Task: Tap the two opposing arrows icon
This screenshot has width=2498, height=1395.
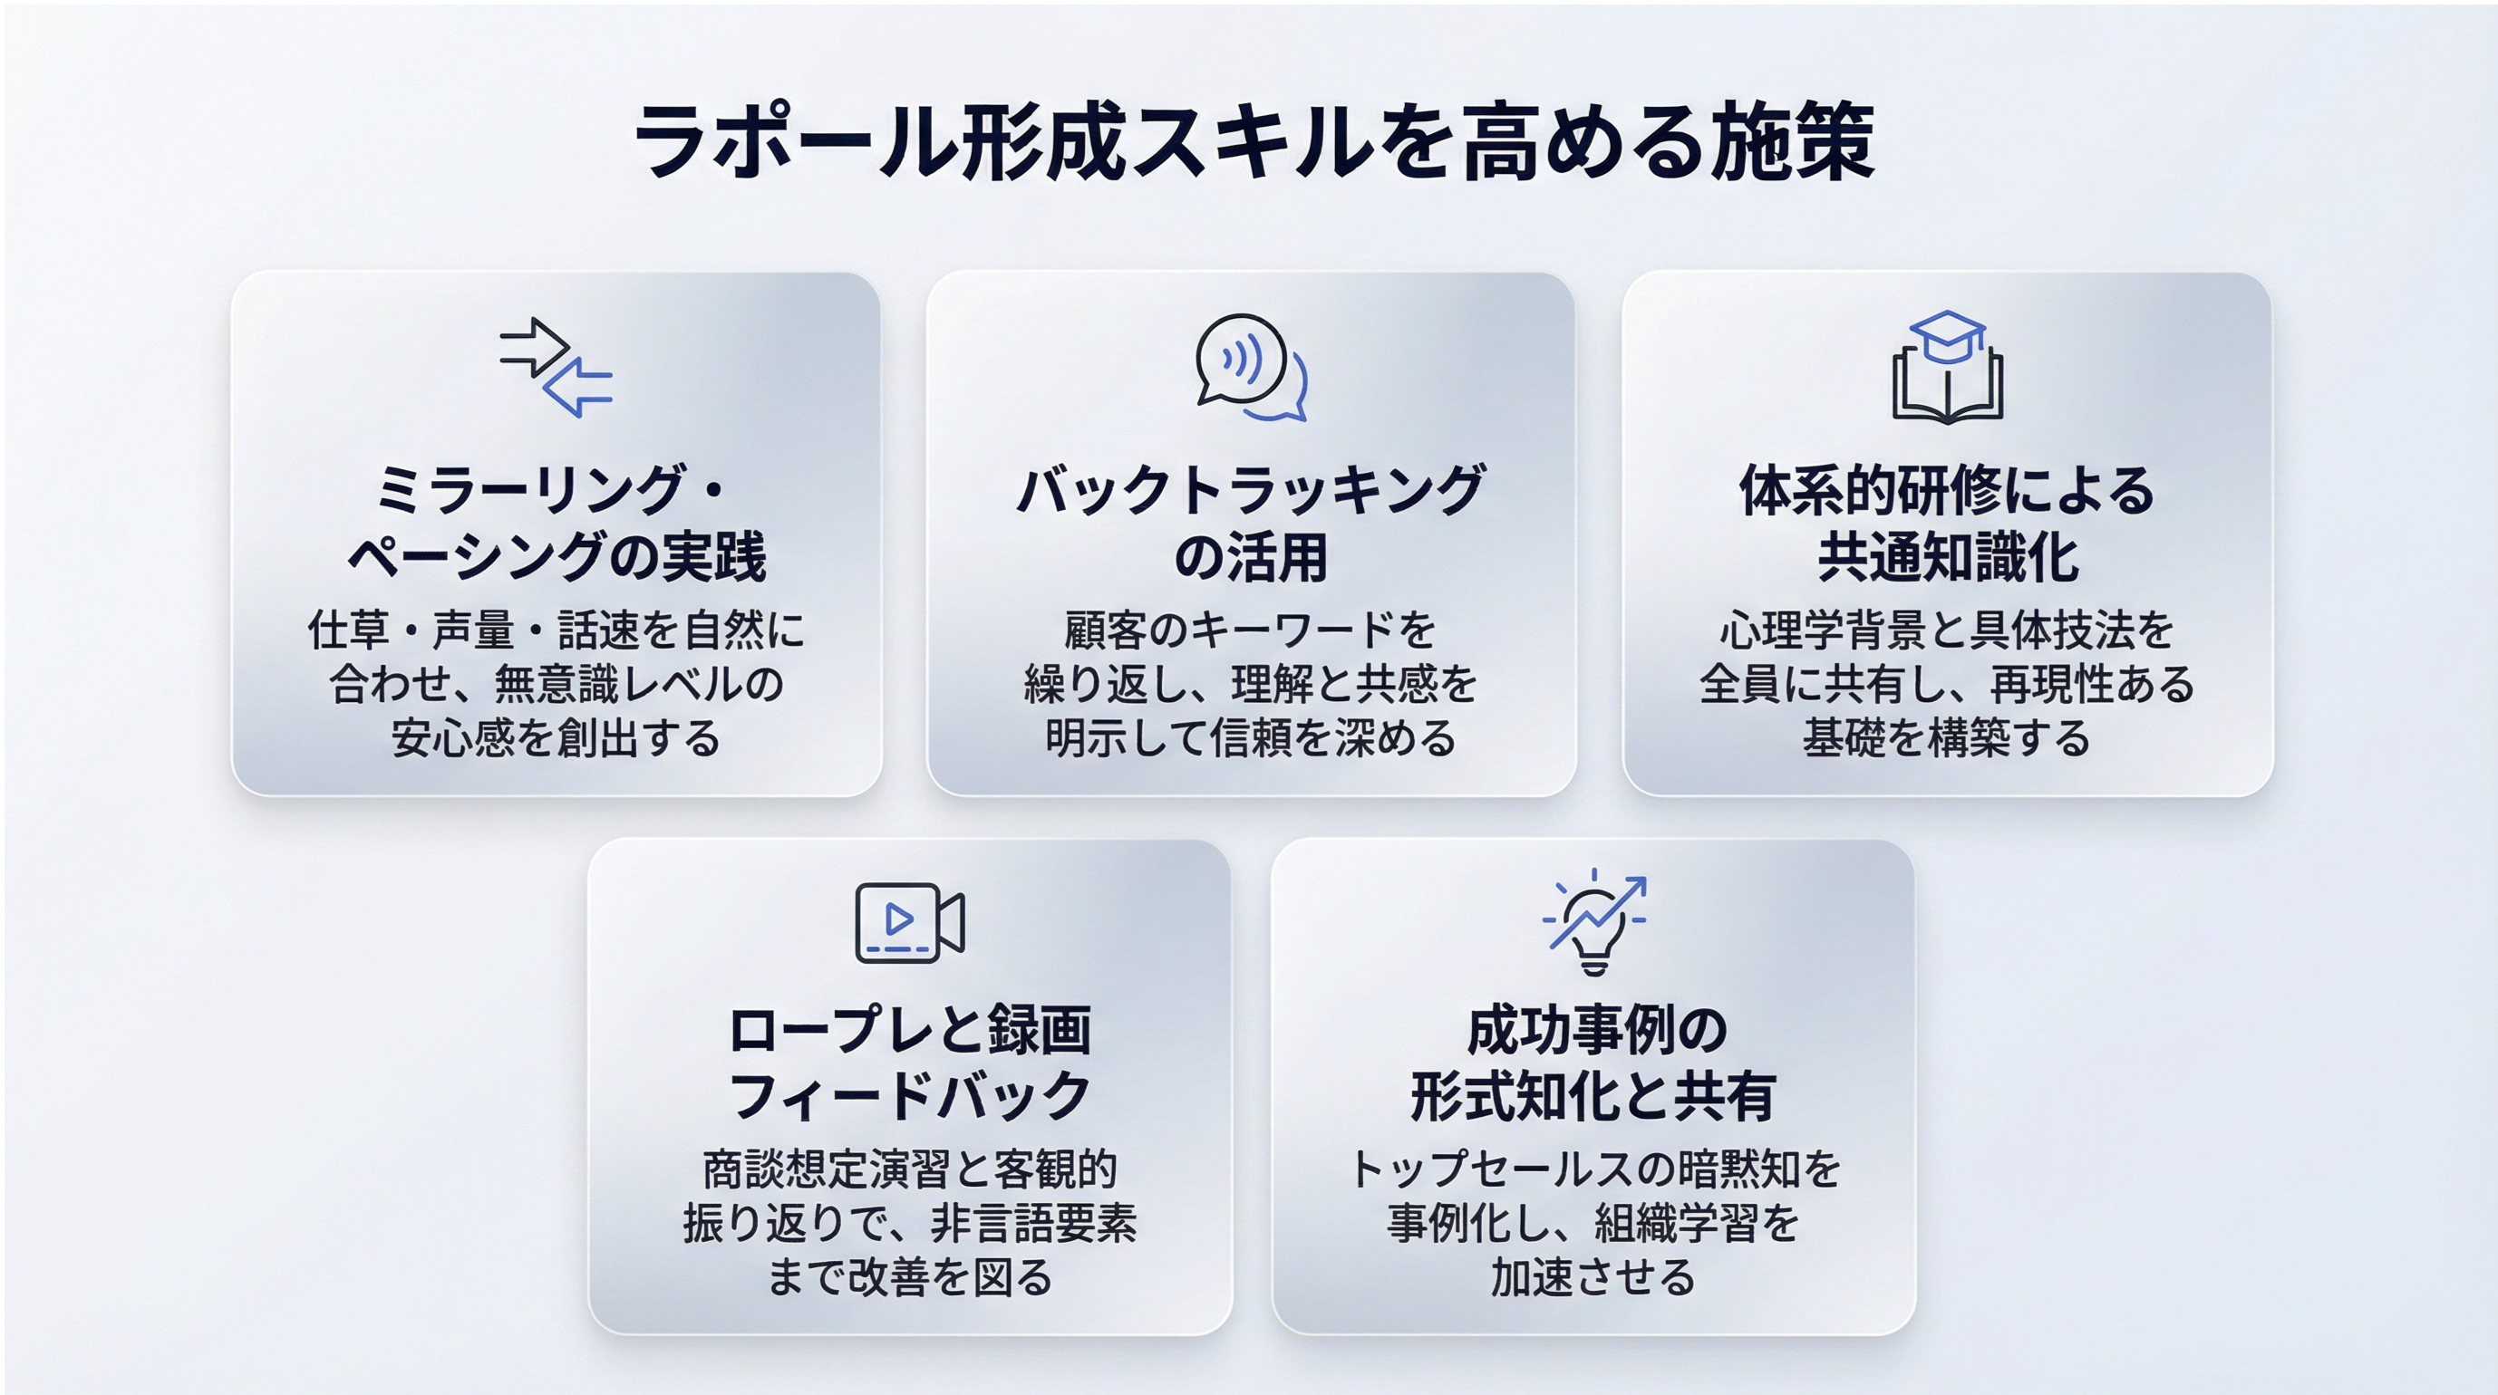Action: (556, 368)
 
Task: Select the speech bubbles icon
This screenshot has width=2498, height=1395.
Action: (1251, 368)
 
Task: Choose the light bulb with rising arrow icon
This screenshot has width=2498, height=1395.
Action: (1593, 921)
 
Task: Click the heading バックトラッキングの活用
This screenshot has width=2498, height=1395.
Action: (1251, 524)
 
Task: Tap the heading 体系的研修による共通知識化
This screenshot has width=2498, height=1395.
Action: (1947, 524)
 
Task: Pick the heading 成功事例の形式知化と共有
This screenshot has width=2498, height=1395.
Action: (1593, 1063)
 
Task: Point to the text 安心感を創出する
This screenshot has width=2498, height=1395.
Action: (556, 737)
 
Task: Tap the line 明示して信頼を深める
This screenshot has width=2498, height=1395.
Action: (1251, 737)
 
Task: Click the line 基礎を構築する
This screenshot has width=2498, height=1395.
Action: (1947, 737)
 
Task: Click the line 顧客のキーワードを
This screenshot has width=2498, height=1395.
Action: (1251, 630)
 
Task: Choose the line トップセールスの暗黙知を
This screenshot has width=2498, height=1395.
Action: (1593, 1169)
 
